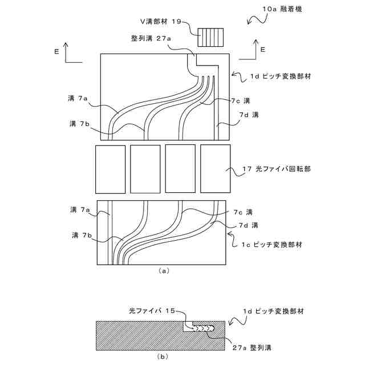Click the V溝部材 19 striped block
coord(210,37)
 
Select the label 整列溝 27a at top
coord(152,38)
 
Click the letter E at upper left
coord(56,51)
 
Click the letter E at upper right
coord(262,50)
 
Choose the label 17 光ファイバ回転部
coord(272,169)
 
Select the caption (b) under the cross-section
coord(163,355)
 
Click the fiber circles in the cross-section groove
coord(202,328)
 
